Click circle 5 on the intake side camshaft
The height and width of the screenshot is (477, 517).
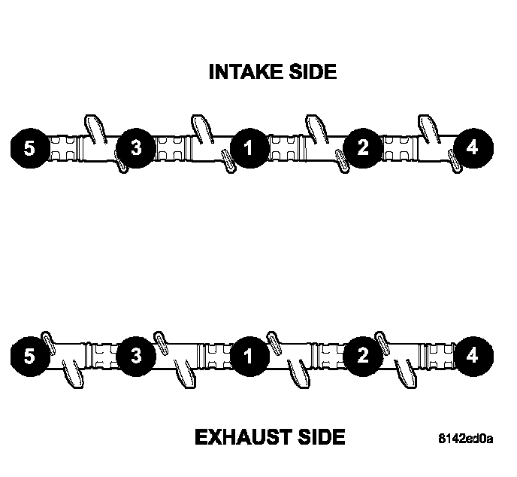(x=29, y=147)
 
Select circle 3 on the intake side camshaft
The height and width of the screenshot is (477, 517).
(x=135, y=147)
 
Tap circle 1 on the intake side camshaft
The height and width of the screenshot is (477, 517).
(x=248, y=147)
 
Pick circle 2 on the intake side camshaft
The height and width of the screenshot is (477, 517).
(x=362, y=147)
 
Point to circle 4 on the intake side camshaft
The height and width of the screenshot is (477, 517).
(x=471, y=147)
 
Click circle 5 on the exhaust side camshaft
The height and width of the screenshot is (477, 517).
(x=29, y=355)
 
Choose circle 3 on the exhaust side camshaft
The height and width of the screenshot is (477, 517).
(x=135, y=355)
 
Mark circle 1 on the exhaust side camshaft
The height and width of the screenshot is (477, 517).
(x=248, y=355)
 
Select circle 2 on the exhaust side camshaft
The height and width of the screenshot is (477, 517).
(x=362, y=355)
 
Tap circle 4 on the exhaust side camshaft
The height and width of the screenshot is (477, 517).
(x=471, y=355)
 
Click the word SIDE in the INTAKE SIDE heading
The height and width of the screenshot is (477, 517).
(x=310, y=72)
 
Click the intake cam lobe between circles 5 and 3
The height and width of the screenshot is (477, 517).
(x=94, y=129)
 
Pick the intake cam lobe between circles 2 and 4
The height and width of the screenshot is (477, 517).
(x=426, y=129)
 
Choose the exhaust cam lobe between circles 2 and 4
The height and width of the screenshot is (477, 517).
(x=410, y=372)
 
